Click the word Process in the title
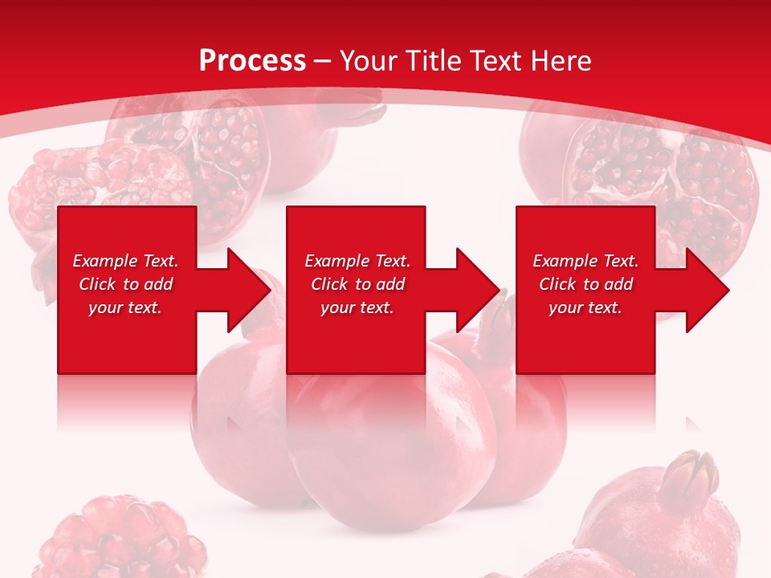coord(252,61)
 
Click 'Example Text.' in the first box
coord(125,261)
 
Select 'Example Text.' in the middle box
coord(357,261)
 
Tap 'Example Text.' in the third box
coord(585,261)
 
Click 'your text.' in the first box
coord(125,307)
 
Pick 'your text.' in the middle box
coord(357,307)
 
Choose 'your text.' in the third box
coord(585,307)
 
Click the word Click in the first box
coord(97,284)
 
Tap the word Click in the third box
coord(557,284)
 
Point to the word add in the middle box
coord(390,284)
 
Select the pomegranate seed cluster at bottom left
coord(120,538)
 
